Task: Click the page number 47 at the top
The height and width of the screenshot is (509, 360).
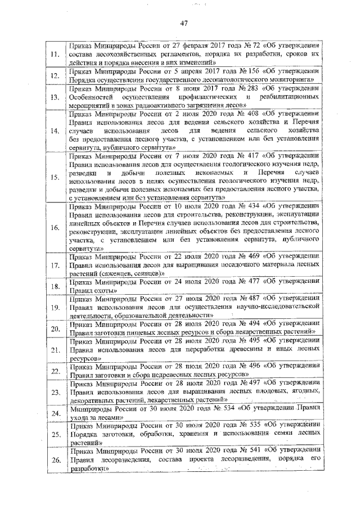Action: pyautogui.click(x=183, y=23)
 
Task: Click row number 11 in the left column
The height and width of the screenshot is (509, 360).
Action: pyautogui.click(x=55, y=55)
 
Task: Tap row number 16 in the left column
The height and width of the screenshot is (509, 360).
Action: pyautogui.click(x=55, y=228)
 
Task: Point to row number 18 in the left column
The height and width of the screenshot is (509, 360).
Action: pyautogui.click(x=55, y=286)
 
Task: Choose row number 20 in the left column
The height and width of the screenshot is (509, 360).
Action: pyautogui.click(x=55, y=329)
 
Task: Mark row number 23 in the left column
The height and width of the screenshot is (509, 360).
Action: pyautogui.click(x=55, y=392)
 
